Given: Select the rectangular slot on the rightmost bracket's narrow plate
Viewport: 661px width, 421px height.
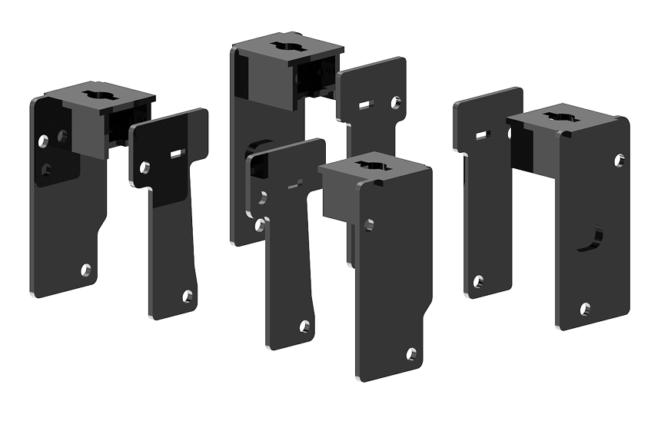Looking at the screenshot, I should coord(482,135).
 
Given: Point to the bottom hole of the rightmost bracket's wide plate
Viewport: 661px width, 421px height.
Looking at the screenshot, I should coord(585,309).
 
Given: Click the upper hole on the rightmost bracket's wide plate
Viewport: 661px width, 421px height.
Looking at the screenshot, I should coord(619,160).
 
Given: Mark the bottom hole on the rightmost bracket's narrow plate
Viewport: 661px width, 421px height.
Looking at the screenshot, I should coord(479,281).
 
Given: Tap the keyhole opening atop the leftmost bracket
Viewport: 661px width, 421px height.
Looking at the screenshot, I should coord(101,96).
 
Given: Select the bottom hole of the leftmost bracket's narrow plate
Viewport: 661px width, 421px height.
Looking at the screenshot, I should coord(187,295).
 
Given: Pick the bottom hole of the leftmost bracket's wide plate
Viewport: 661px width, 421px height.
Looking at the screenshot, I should coord(86,270).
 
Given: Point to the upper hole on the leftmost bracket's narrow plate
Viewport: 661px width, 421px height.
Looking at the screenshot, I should coord(144,167).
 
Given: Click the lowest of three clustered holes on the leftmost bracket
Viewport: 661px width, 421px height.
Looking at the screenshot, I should coord(47,168).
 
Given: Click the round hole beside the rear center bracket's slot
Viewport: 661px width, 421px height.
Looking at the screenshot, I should coord(395,101).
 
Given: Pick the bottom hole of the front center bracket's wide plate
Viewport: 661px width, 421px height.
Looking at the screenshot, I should coord(411,354).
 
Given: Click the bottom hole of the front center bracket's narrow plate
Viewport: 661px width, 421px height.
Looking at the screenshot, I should coord(304,326).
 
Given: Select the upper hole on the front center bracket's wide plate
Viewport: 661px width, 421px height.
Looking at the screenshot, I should coord(369,224).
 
